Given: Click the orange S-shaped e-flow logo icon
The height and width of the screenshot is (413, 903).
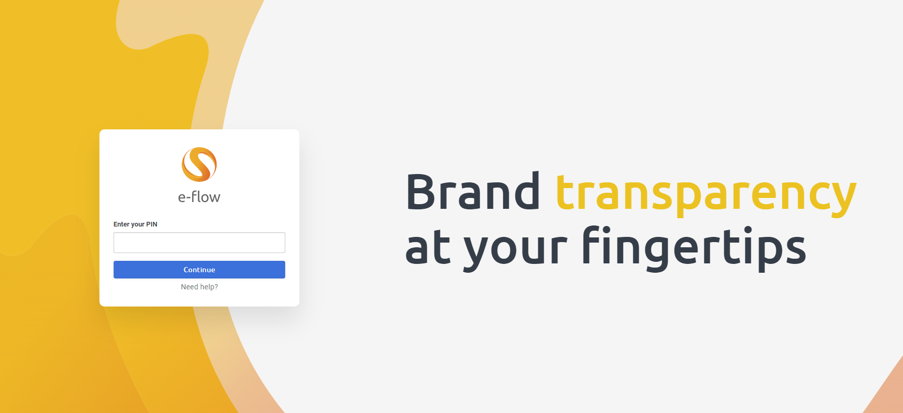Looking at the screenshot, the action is (x=199, y=165).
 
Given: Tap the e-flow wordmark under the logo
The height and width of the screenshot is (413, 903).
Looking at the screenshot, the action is (x=199, y=197).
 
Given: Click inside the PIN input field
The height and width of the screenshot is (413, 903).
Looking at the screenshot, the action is (x=199, y=243).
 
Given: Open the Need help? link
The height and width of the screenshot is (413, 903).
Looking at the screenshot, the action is (x=199, y=287).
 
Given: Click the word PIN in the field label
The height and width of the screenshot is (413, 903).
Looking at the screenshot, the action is (x=152, y=224).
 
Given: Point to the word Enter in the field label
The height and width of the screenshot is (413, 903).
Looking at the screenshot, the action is (x=122, y=224).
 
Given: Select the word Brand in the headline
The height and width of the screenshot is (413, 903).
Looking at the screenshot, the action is (x=473, y=192).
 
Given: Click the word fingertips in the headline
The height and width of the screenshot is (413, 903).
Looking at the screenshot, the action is (x=694, y=248).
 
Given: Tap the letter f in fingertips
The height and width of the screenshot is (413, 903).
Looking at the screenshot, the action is (x=594, y=244).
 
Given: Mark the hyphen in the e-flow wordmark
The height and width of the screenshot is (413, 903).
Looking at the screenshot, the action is (x=189, y=198).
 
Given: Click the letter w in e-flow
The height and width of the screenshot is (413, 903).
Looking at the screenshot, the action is (x=214, y=198).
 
